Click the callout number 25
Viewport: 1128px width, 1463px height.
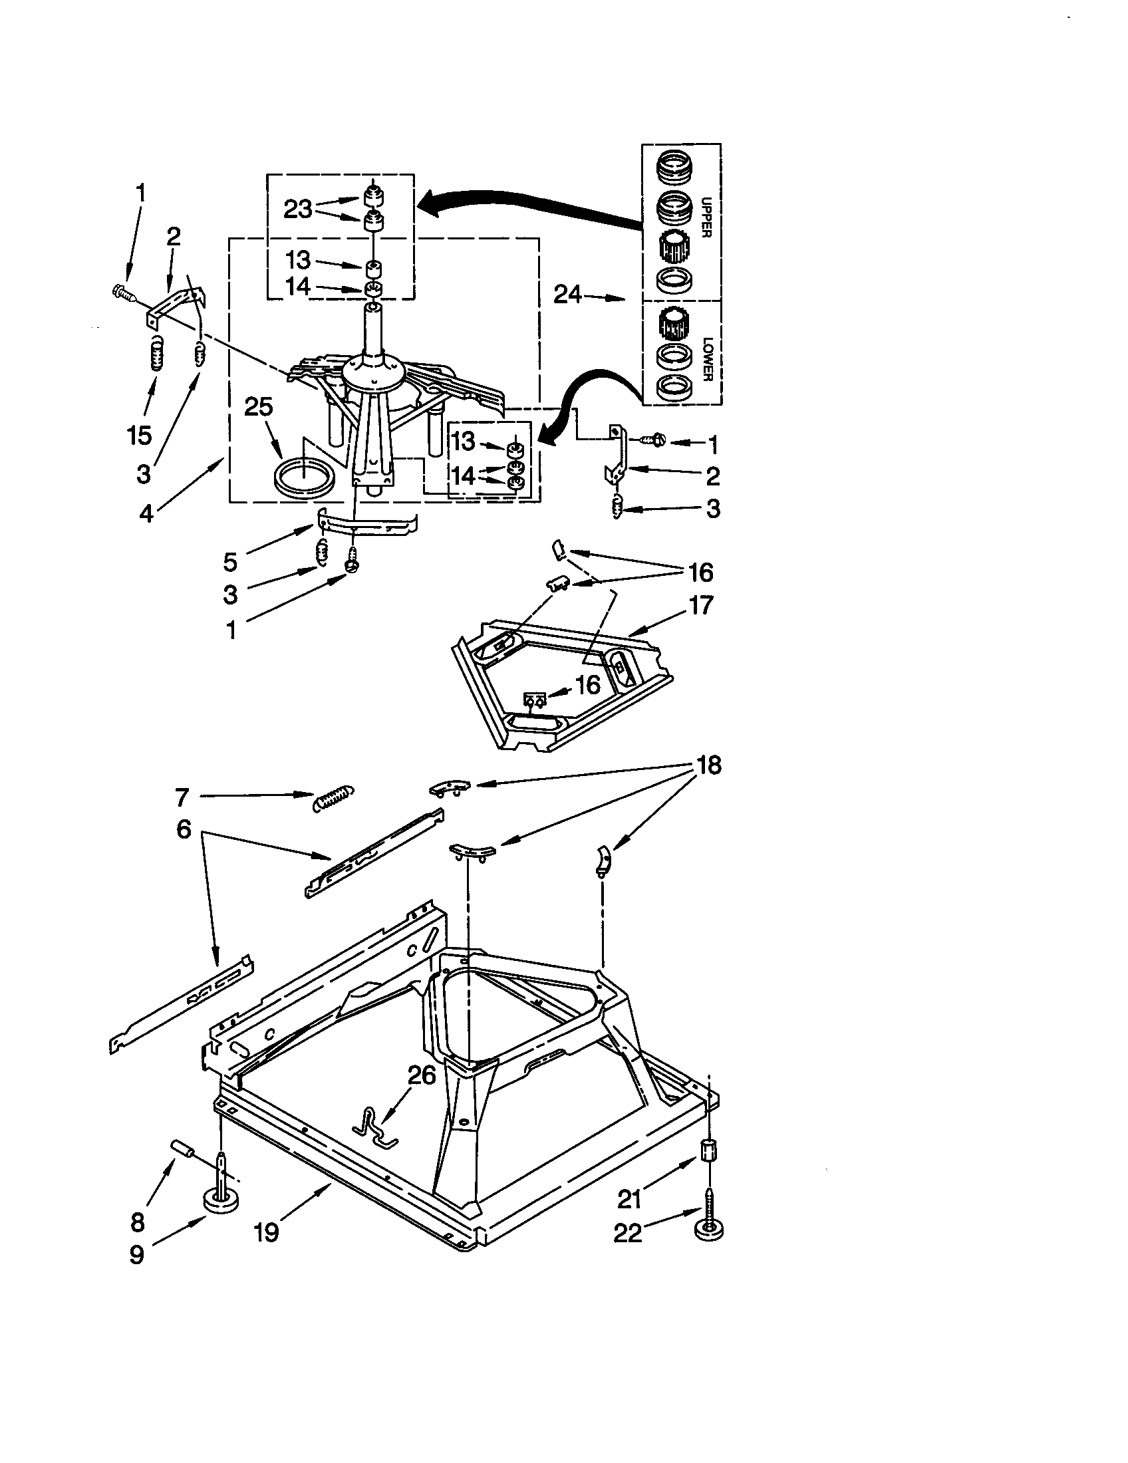(259, 406)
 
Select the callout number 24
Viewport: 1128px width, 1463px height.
(567, 294)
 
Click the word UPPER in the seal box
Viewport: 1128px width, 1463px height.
(706, 217)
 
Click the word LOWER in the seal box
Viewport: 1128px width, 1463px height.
(706, 359)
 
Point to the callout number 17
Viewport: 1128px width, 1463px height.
(700, 605)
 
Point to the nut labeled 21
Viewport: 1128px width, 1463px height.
(709, 1152)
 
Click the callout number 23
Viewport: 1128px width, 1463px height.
(297, 209)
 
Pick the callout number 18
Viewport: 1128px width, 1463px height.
(709, 764)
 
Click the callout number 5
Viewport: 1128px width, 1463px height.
(229, 562)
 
